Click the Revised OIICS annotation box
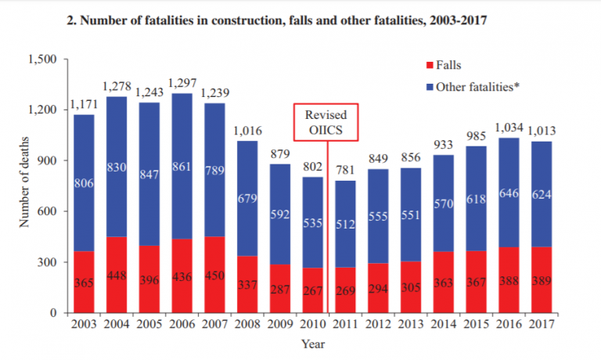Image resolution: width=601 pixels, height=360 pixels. pos(326,121)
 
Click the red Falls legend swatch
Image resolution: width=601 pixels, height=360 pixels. pos(427,66)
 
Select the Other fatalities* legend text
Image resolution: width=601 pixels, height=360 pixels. pos(478,85)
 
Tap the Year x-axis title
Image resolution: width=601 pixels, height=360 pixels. pos(314,344)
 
